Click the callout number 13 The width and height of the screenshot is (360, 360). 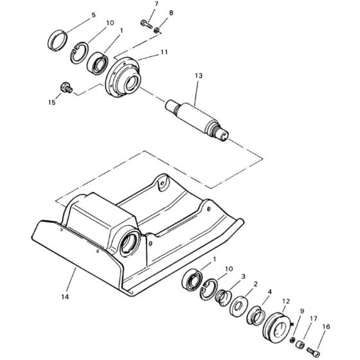[x=199, y=76]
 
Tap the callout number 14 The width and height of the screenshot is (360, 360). [x=65, y=297]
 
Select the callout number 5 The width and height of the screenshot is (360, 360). [x=93, y=15]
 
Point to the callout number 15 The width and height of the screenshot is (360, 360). [x=52, y=102]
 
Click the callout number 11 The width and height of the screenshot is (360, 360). [x=164, y=52]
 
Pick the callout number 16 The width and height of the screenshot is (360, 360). [x=327, y=327]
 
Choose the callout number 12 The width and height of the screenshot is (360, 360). [x=286, y=301]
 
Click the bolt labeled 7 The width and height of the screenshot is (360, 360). [x=147, y=24]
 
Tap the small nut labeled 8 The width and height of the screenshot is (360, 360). [x=157, y=30]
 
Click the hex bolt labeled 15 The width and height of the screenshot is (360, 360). [x=66, y=87]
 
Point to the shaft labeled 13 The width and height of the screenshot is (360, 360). [x=197, y=121]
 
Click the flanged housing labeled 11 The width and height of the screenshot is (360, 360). [x=122, y=77]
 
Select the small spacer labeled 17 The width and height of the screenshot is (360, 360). [x=301, y=344]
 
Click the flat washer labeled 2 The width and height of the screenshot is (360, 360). [x=239, y=307]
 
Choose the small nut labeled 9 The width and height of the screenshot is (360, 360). [x=292, y=339]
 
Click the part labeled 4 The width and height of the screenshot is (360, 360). [x=256, y=315]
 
